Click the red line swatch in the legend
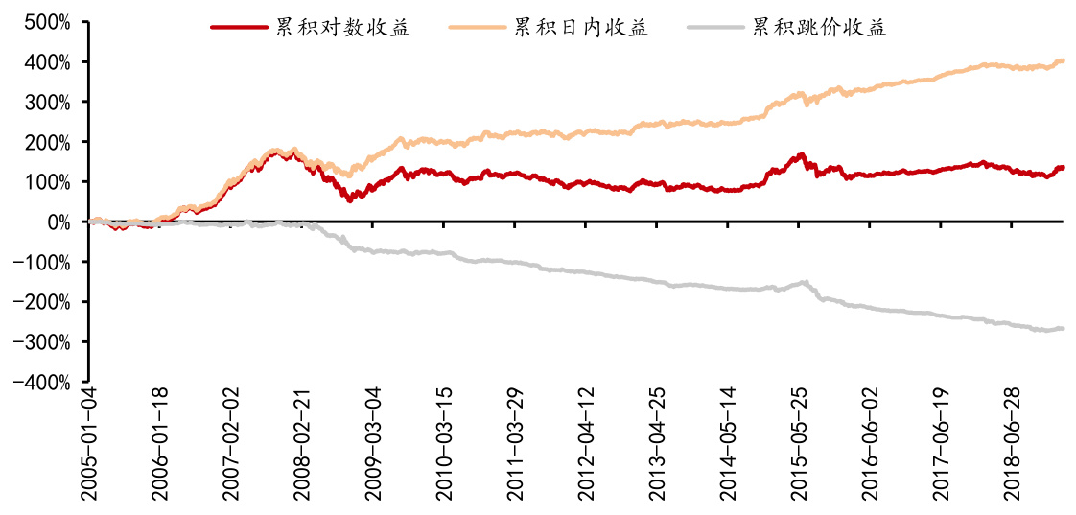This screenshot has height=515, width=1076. (239, 28)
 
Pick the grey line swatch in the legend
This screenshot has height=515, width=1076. (716, 28)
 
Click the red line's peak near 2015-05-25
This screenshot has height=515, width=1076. (801, 153)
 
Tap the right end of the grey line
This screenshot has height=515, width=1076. (1063, 329)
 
